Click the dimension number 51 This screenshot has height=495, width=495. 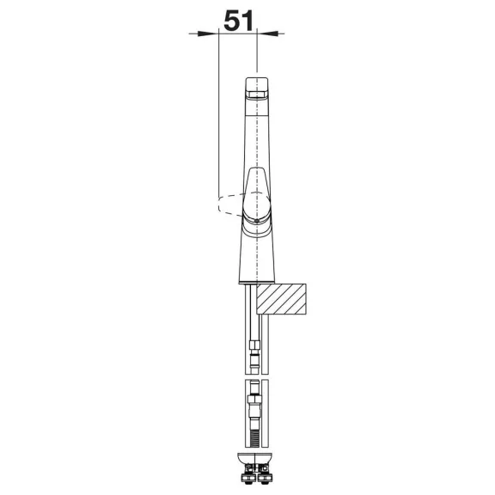point(238,21)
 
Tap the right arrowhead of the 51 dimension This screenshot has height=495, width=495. point(267,34)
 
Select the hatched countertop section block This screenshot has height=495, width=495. point(281,299)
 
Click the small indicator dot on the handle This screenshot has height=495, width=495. point(257,221)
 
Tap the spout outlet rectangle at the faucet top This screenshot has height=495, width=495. point(257,94)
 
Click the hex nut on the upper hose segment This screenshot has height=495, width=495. point(254,344)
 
